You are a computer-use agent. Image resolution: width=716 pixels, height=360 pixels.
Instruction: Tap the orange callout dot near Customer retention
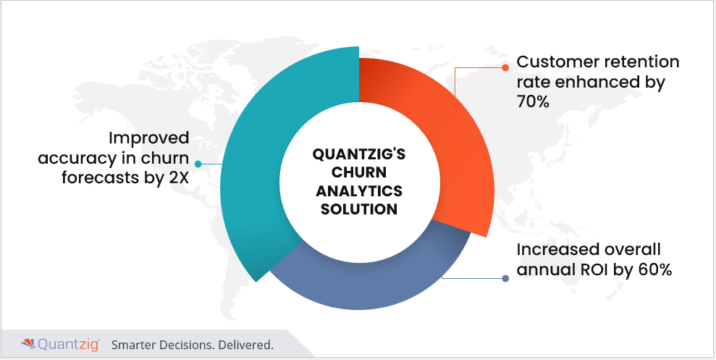coord(505,67)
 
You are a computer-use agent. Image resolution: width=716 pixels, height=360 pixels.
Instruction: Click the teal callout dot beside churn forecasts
coord(198,164)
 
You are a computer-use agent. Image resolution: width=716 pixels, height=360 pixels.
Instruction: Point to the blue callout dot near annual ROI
coord(505,278)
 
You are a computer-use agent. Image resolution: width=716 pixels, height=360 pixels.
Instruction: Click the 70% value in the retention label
coord(532,102)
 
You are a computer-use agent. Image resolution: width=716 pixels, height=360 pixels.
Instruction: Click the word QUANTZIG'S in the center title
coord(359,154)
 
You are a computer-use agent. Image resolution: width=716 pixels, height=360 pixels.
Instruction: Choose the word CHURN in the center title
coord(359,172)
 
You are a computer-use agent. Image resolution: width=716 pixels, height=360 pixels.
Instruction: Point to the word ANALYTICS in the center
coord(359,191)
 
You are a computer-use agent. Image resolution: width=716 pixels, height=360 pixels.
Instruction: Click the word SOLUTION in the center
coord(359,209)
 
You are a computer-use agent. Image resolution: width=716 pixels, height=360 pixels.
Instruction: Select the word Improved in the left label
coord(149,138)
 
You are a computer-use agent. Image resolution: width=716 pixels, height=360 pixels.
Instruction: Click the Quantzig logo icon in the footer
coord(28,343)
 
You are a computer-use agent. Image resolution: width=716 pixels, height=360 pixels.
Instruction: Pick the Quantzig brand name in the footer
coord(69,345)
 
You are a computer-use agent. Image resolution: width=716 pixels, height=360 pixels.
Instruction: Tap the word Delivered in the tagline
coord(246,345)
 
